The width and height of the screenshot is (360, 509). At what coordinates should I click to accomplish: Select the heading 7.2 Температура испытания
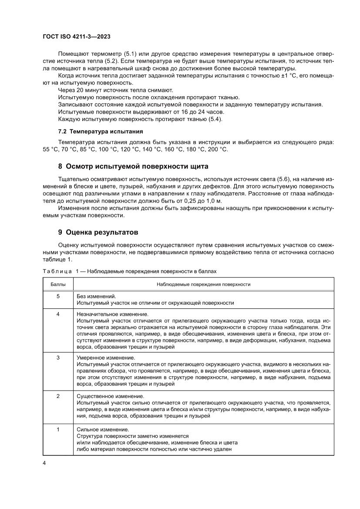(101, 131)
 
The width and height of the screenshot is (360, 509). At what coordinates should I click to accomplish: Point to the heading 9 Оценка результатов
(98, 232)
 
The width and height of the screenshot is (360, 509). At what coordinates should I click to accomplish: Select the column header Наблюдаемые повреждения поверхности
(203, 284)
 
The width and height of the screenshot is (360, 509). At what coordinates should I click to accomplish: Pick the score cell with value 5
(58, 295)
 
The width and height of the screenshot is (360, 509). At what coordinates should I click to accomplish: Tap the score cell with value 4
(58, 314)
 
